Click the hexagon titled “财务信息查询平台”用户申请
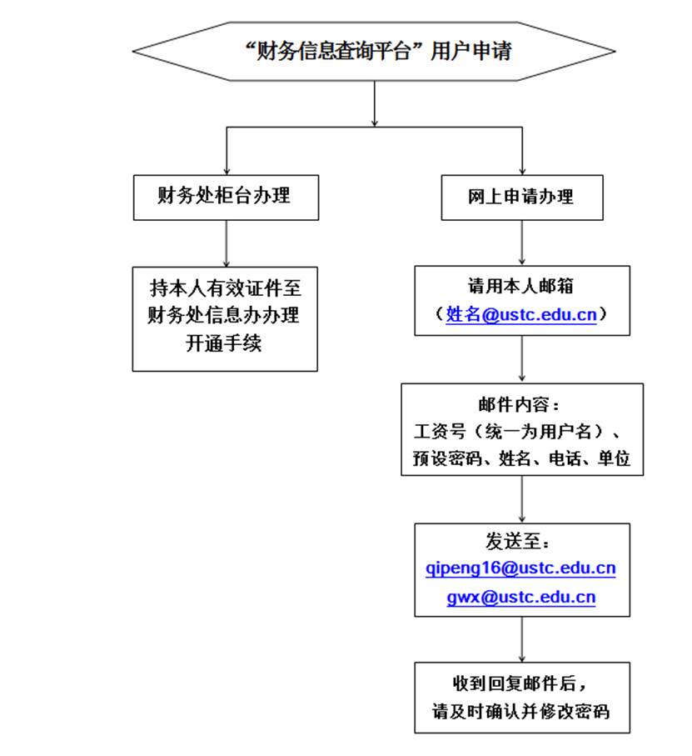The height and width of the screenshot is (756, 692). (x=374, y=52)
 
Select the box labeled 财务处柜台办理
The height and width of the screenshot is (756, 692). (x=225, y=197)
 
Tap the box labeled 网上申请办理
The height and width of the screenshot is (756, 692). (x=522, y=198)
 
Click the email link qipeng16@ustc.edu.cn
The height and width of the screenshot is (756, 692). (x=520, y=568)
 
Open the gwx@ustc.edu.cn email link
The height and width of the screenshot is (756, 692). (x=521, y=598)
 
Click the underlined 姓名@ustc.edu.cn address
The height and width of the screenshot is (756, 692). (x=521, y=315)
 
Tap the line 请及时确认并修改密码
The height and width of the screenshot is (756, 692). (x=520, y=713)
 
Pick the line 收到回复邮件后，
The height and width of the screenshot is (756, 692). (x=520, y=684)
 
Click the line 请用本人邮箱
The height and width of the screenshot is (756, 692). (x=520, y=287)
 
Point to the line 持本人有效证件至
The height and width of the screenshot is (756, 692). (x=225, y=288)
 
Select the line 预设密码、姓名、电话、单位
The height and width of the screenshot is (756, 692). (x=521, y=458)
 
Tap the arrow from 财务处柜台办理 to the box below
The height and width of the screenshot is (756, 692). (x=226, y=243)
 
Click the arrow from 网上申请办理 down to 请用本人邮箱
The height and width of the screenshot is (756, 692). (x=522, y=243)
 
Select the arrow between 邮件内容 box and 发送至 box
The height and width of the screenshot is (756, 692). (x=522, y=499)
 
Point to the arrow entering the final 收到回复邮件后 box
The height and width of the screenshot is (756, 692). (x=522, y=639)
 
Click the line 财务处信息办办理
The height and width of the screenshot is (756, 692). (x=224, y=316)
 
